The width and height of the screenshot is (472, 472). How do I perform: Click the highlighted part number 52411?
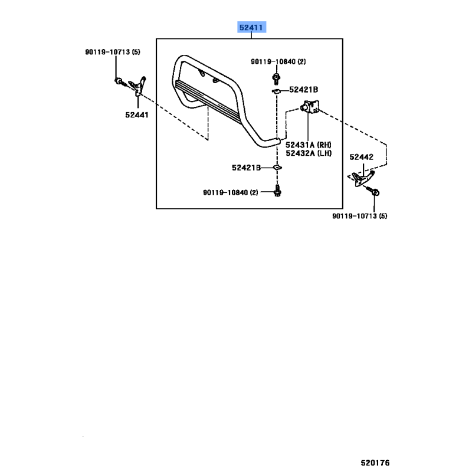(x=251, y=28)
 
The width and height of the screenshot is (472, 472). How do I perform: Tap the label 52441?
(x=137, y=114)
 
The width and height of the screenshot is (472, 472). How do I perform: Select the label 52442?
(x=361, y=157)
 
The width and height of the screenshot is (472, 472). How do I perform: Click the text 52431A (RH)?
(x=309, y=145)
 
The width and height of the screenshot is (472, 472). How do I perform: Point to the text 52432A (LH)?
(x=309, y=153)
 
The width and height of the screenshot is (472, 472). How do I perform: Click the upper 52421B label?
(x=303, y=90)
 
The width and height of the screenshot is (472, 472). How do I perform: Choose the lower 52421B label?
(x=246, y=168)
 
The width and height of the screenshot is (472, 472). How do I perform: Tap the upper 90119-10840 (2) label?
(x=278, y=62)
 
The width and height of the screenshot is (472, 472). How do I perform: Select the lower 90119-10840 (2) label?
(x=231, y=192)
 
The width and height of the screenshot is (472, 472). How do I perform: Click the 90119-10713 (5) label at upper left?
(x=113, y=52)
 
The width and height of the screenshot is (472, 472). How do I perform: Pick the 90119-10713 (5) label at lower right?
(x=360, y=216)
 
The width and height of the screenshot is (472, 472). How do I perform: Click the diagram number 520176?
(x=375, y=463)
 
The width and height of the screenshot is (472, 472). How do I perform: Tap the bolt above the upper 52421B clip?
(x=276, y=79)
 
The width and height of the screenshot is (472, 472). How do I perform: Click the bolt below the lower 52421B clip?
(x=277, y=191)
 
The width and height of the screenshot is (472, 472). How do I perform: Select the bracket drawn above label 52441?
(x=138, y=86)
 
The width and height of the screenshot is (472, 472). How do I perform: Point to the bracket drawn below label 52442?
(x=363, y=178)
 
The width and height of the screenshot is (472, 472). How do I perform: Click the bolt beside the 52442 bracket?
(x=373, y=191)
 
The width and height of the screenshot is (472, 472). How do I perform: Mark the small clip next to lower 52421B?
(x=277, y=168)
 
